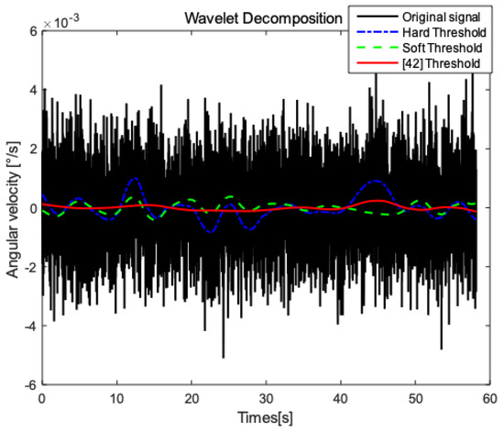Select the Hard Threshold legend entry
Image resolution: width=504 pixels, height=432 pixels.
tap(442, 32)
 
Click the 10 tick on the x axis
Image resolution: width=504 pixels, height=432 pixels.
tap(115, 400)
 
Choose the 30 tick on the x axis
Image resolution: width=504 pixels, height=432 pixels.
tap(266, 400)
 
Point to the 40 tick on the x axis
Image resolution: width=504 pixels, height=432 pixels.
tap(341, 400)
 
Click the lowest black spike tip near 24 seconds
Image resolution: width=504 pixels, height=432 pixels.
tap(223, 357)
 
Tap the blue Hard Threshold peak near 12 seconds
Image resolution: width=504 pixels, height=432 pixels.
tap(135, 178)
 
